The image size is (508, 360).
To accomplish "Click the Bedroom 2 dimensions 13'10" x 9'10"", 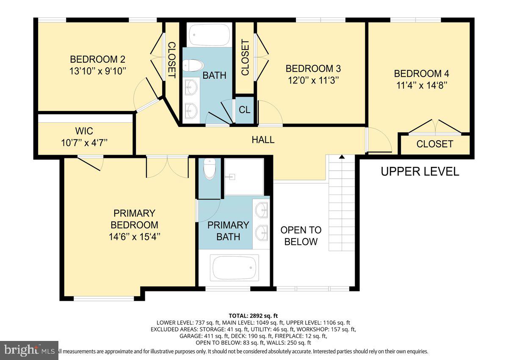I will [x=97, y=71].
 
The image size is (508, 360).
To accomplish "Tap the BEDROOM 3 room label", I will [x=313, y=68].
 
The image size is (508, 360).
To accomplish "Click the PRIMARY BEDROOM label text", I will [x=134, y=219].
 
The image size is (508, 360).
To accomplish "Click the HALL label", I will [x=263, y=139].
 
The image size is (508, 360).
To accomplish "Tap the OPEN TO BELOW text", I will [x=301, y=236].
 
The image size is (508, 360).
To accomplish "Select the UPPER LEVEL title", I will [x=420, y=172].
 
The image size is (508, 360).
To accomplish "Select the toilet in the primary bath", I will [x=210, y=169].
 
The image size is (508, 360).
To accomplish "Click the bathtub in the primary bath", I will [x=235, y=268].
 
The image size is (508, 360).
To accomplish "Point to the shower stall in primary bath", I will [x=243, y=177].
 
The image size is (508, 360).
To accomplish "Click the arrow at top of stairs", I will [x=342, y=158].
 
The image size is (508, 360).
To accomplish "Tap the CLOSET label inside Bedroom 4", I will [x=434, y=144].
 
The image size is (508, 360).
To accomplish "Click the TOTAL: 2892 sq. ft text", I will [x=253, y=316].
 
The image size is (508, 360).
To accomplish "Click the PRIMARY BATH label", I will [x=228, y=231].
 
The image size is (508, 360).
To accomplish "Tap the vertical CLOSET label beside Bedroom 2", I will [x=171, y=60].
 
